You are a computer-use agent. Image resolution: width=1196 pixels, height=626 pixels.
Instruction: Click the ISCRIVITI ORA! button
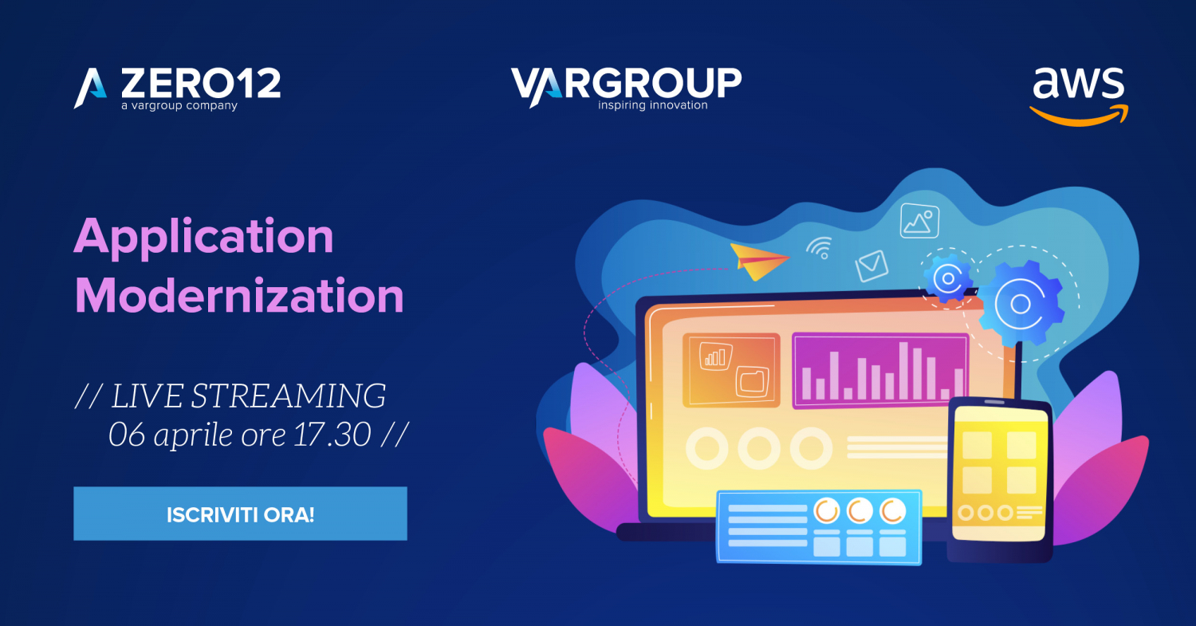[240, 514]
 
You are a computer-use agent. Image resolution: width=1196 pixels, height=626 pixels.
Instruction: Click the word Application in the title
[204, 237]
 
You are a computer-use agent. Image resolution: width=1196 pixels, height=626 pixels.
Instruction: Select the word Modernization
[239, 295]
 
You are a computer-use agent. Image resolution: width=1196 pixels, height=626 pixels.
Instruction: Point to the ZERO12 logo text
[201, 83]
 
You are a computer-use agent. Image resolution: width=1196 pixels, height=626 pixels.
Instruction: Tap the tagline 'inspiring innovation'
[652, 105]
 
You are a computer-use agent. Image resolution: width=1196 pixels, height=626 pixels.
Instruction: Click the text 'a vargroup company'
[179, 106]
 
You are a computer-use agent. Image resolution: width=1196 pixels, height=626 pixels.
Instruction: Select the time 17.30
[332, 435]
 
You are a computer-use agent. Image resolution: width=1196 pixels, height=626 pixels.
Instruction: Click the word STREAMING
[289, 396]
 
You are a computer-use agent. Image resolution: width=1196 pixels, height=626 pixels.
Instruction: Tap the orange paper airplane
[759, 262]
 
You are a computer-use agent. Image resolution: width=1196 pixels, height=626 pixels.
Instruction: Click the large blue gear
[1021, 304]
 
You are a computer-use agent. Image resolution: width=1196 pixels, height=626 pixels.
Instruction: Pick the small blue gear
[948, 278]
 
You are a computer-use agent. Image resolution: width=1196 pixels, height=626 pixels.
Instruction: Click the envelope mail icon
[871, 266]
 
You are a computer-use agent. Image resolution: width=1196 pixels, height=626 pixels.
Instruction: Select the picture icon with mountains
[919, 221]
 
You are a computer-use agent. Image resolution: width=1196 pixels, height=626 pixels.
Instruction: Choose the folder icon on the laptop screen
[753, 381]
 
